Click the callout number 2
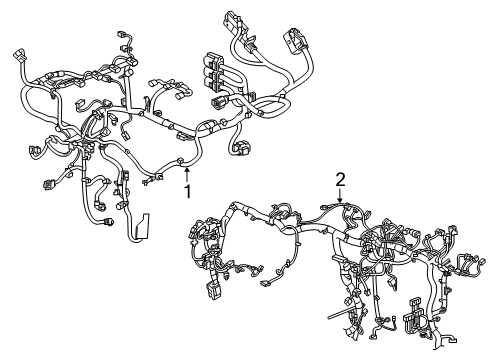(x=341, y=180)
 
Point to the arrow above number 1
(x=186, y=171)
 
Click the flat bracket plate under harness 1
(x=142, y=227)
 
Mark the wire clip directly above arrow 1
(x=179, y=160)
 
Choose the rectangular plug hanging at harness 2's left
(x=213, y=291)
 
